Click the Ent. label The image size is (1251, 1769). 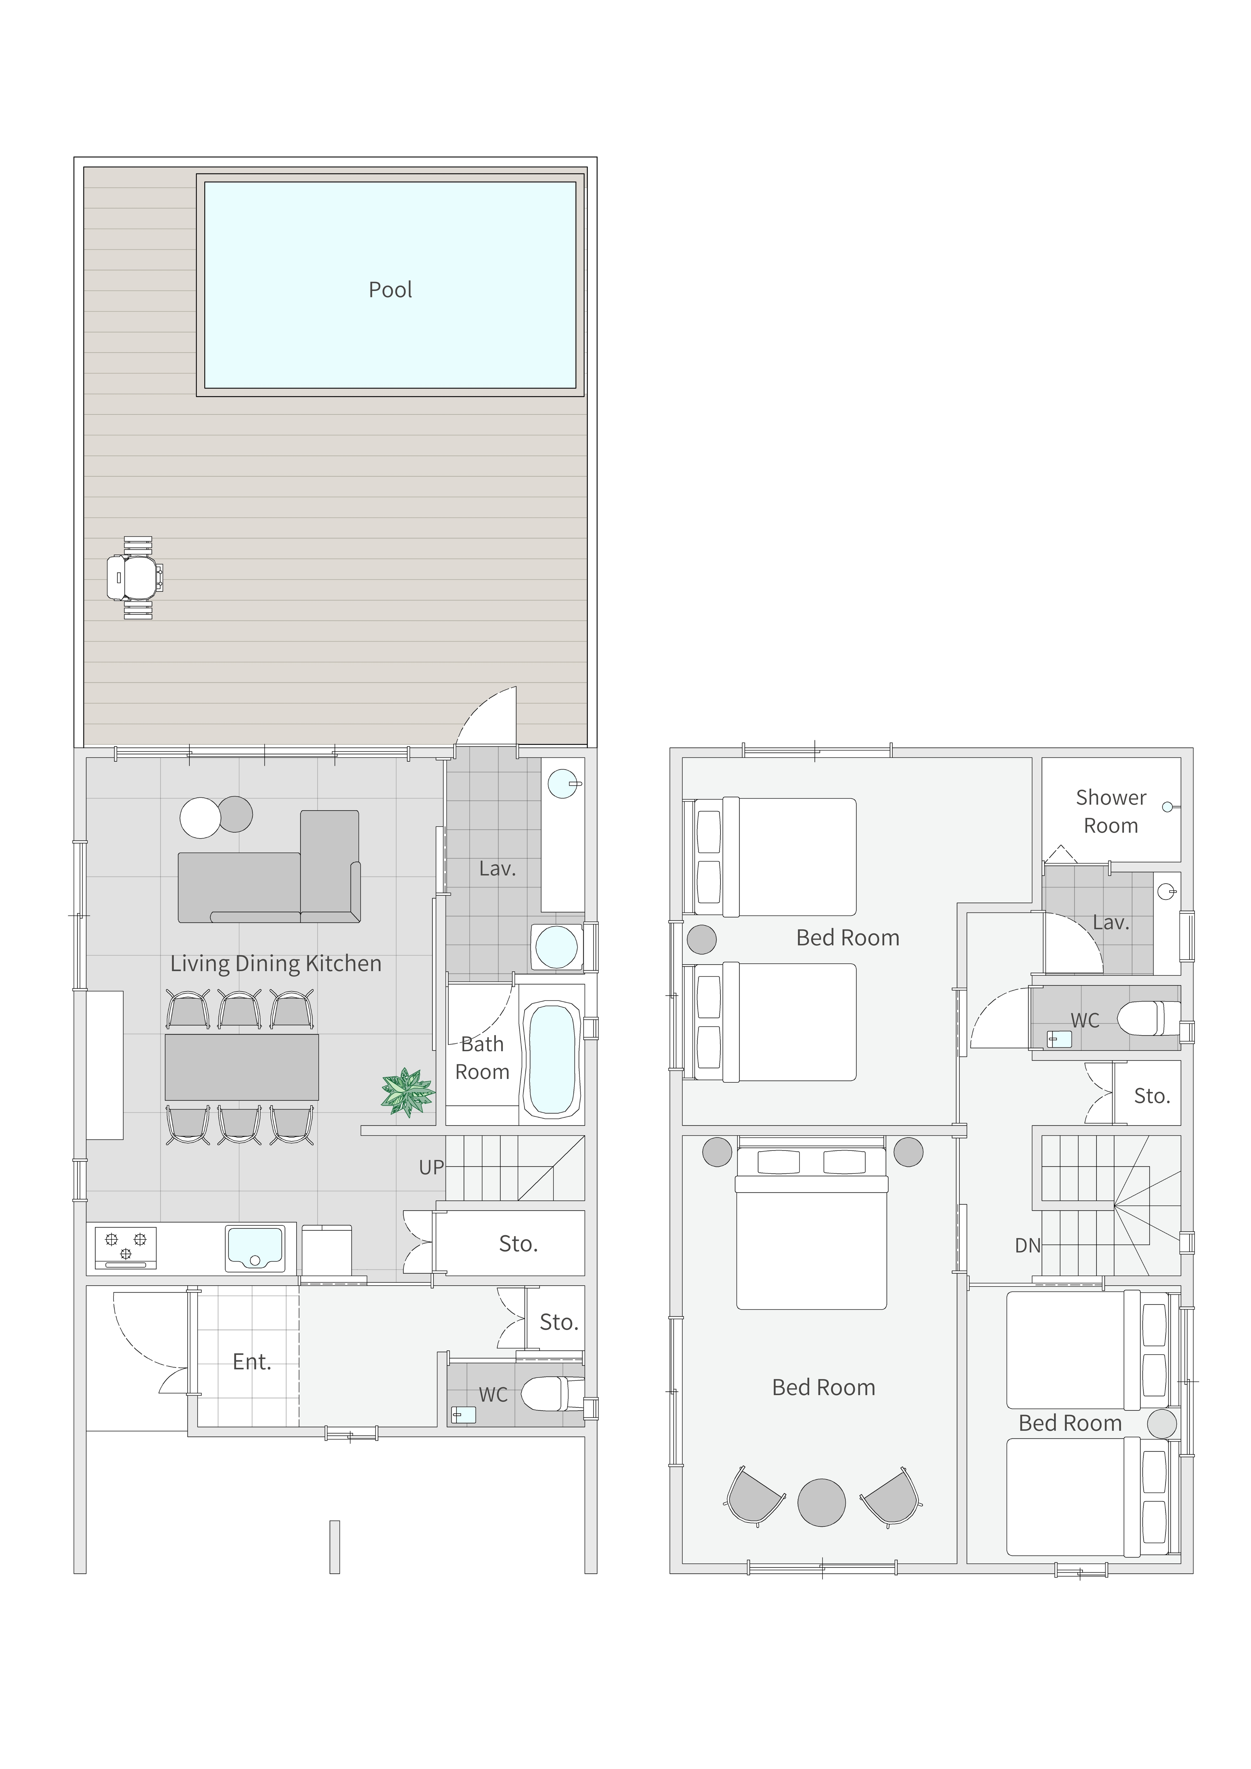point(252,1362)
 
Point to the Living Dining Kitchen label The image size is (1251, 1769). point(276,963)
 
